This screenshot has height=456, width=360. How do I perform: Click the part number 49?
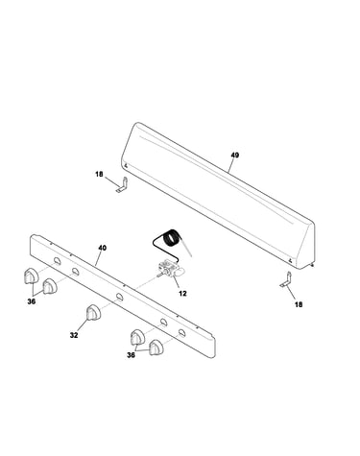click(235, 156)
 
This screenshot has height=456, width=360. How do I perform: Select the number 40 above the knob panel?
click(103, 248)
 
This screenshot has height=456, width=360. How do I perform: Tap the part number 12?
click(182, 293)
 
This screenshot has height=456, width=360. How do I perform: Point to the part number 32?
click(74, 335)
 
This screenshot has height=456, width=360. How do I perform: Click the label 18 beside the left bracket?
click(99, 174)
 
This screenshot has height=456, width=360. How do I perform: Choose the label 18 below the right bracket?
click(299, 304)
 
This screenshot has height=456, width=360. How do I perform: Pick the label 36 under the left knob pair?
click(32, 301)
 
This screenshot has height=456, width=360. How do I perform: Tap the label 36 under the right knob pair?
click(131, 355)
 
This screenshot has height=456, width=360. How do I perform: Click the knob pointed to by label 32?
click(93, 312)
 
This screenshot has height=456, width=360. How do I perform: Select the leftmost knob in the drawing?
click(31, 276)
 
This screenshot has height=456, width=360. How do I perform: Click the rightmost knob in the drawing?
click(156, 348)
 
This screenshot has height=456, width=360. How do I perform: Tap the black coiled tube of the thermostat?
click(172, 238)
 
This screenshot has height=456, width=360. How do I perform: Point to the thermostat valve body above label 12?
click(170, 269)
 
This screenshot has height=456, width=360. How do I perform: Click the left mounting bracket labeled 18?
click(123, 185)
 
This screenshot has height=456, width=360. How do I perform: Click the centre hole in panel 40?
click(119, 297)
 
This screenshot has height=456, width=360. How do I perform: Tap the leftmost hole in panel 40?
click(57, 260)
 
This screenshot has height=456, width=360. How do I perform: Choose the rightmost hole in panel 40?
click(181, 333)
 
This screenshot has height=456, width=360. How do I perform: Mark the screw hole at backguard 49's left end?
click(126, 165)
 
